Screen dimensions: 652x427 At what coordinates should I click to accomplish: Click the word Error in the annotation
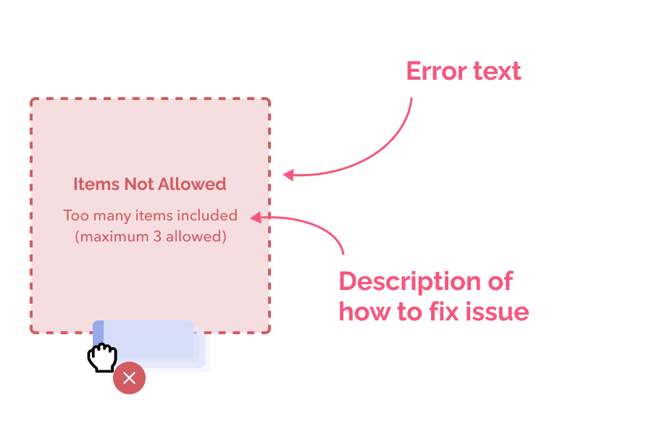436,71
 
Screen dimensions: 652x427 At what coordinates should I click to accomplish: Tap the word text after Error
497,71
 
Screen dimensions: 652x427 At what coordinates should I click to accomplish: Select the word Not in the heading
139,184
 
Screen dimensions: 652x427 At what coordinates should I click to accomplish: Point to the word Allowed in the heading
192,184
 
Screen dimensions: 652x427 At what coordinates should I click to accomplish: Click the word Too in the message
76,215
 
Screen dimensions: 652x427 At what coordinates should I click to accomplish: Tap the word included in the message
207,215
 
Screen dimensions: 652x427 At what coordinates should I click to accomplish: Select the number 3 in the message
157,236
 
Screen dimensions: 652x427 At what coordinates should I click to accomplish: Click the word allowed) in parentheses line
196,236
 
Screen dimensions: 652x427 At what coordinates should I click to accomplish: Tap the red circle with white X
130,378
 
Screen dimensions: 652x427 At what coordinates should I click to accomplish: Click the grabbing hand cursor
102,357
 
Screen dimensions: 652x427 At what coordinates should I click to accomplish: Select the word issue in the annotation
497,312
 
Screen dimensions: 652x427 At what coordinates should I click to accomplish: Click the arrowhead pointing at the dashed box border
288,175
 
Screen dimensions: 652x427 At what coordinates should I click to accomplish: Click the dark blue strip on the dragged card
98,333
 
